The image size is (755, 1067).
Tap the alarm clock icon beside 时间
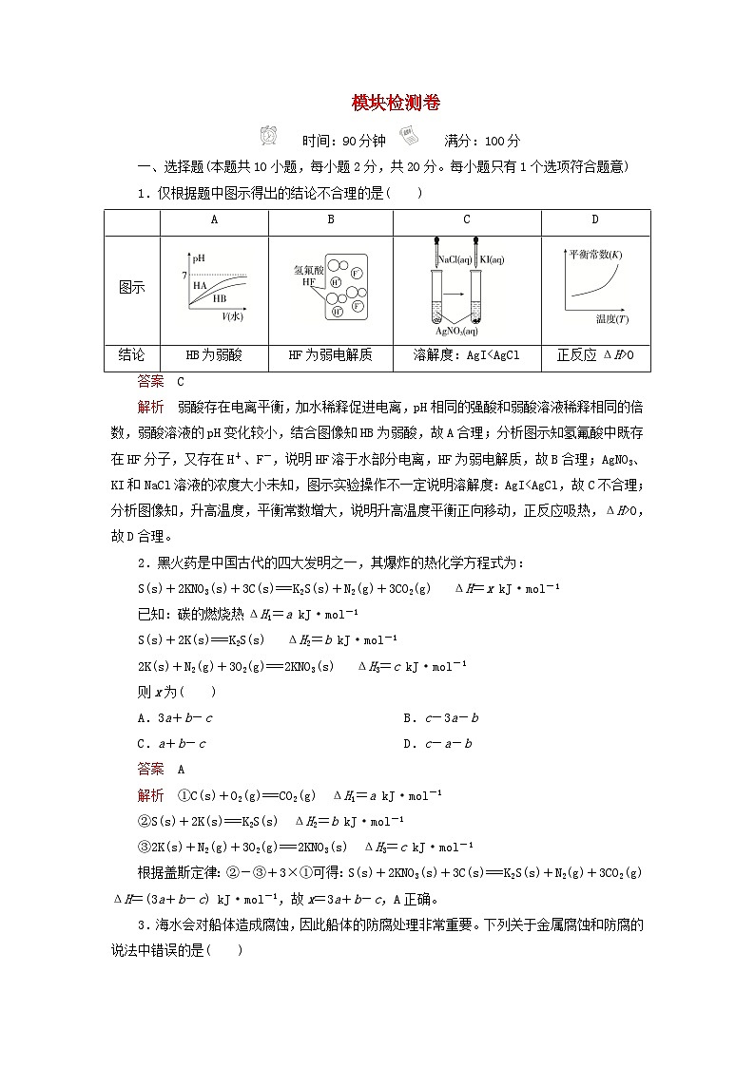[x=269, y=136]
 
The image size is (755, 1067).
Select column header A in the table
[x=214, y=220]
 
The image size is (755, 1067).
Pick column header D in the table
[x=595, y=220]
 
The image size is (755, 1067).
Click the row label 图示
[x=131, y=287]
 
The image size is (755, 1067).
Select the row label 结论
[x=131, y=355]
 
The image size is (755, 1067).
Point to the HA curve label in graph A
[x=201, y=284]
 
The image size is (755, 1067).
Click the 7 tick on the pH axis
[x=184, y=276]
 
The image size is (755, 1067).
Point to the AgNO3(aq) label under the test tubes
[x=457, y=331]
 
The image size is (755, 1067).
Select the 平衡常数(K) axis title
[x=595, y=255]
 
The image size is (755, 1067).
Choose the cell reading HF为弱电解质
[x=330, y=355]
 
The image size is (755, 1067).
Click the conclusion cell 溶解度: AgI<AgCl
[x=467, y=355]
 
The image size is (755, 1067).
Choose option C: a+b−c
[x=172, y=743]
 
